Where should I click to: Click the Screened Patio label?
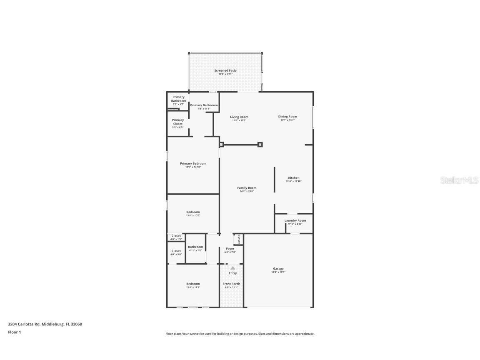click(x=225, y=71)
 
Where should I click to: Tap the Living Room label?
click(x=239, y=117)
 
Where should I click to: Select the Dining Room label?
click(x=287, y=117)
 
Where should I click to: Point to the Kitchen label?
click(x=294, y=178)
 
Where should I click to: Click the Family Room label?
click(x=247, y=188)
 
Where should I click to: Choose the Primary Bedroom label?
click(x=193, y=164)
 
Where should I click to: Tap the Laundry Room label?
click(x=295, y=220)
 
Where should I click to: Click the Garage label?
click(x=278, y=269)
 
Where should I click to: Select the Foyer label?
click(x=230, y=249)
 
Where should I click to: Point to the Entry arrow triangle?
click(x=232, y=268)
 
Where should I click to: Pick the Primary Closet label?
click(x=177, y=122)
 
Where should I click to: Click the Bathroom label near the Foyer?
click(x=195, y=247)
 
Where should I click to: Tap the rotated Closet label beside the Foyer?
click(x=239, y=239)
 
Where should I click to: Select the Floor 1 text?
click(x=14, y=332)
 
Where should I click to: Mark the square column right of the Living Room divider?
click(x=260, y=145)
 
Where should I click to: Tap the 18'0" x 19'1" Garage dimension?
click(x=278, y=272)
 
